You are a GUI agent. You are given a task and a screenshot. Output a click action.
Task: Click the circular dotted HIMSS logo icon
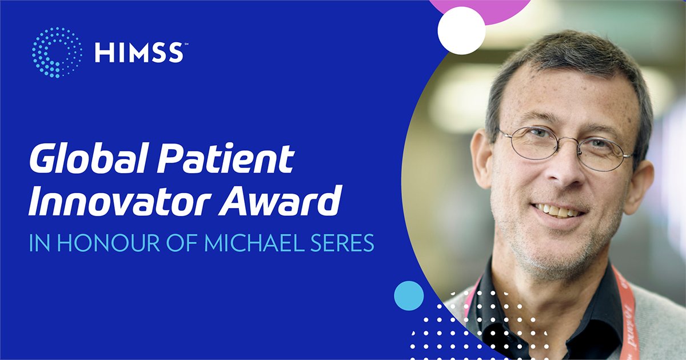coord(57,52)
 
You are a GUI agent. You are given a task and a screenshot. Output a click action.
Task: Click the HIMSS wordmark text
coord(139,53)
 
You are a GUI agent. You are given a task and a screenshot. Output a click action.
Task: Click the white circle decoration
coord(461,30)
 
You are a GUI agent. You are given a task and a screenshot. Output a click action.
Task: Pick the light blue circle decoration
coord(409,296)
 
